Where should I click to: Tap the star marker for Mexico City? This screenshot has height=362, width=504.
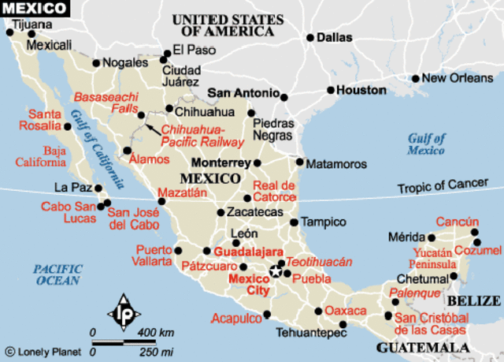click(276, 271)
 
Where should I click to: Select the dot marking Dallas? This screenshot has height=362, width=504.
click(311, 37)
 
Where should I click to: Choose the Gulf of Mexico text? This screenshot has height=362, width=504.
click(427, 144)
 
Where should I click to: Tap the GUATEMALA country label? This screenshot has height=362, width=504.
click(416, 347)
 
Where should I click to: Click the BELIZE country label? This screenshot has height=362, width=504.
click(473, 300)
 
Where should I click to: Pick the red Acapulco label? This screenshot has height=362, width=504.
click(235, 319)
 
